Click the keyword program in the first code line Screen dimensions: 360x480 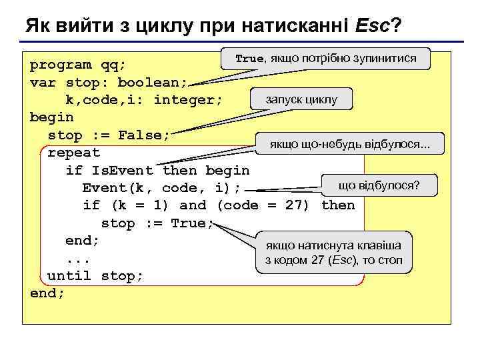pyautogui.click(x=61, y=65)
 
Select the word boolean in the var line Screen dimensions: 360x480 pyautogui.click(x=152, y=83)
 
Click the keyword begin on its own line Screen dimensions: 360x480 pyautogui.click(x=52, y=117)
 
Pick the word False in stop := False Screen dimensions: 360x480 pyautogui.click(x=144, y=135)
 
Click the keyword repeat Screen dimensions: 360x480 pyautogui.click(x=74, y=153)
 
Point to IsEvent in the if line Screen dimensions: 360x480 pyautogui.click(x=122, y=171)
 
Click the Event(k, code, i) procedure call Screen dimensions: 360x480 pyautogui.click(x=161, y=188)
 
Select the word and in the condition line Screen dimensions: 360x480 pyautogui.click(x=193, y=205)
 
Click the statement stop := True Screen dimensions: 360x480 pyautogui.click(x=157, y=223)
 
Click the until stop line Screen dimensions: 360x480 pyautogui.click(x=95, y=275)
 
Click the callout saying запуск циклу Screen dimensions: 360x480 pyautogui.click(x=301, y=100)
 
